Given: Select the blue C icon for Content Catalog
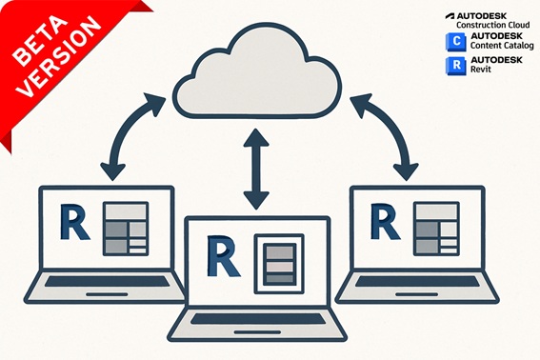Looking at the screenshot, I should pos(453,41).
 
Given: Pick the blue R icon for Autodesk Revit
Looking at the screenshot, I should pos(453,65).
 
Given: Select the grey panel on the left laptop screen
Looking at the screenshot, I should pos(125,229).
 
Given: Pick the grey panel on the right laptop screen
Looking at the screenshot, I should pos(434,229).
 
